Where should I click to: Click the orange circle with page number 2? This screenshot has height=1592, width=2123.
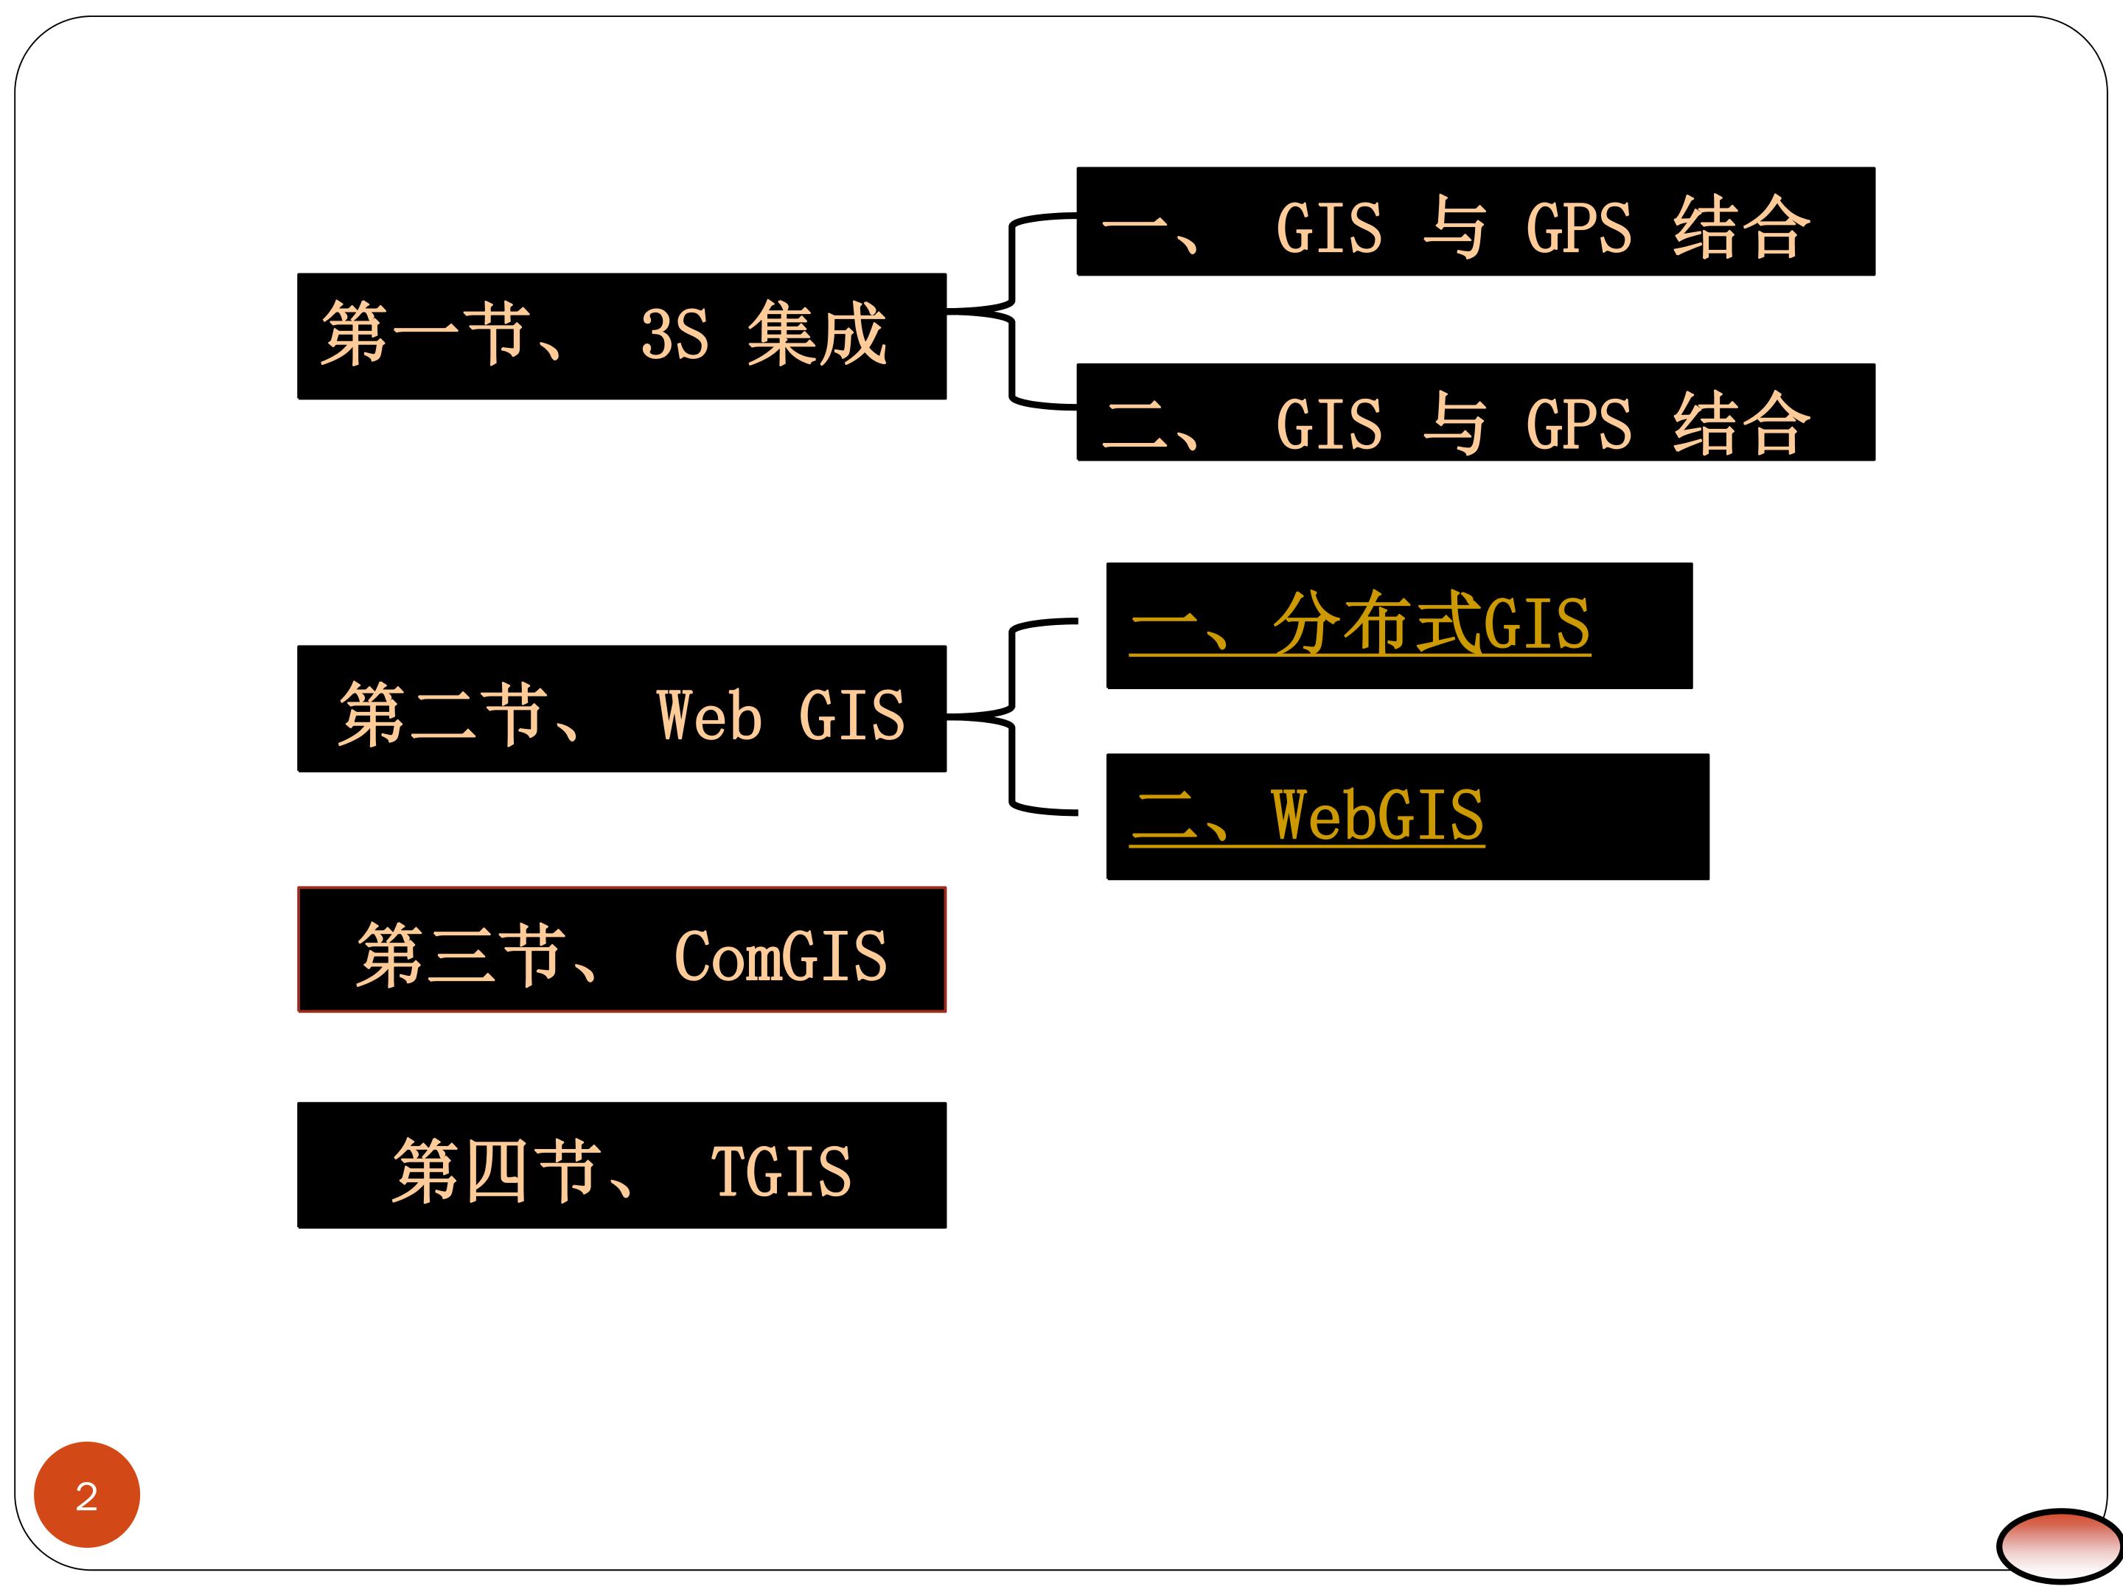(x=86, y=1494)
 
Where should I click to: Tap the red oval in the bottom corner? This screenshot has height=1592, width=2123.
(x=2060, y=1544)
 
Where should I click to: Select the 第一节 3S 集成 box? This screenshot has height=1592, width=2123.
(x=622, y=336)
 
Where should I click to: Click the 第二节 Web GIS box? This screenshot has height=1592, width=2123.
(x=622, y=708)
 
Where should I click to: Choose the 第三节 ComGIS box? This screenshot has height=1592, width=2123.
(x=622, y=949)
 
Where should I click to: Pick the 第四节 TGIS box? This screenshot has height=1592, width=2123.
(x=622, y=1165)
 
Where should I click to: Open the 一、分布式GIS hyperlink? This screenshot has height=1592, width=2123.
(x=1359, y=624)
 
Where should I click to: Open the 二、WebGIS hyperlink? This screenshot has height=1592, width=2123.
(x=1306, y=816)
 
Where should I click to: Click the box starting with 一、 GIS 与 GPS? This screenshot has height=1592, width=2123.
(x=1475, y=222)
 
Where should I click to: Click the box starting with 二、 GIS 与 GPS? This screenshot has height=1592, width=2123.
(x=1475, y=413)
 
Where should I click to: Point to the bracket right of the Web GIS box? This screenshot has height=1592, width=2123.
(x=1011, y=717)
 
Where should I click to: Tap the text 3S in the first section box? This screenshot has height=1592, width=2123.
(x=674, y=335)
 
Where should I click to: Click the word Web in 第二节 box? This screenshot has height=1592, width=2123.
(x=709, y=716)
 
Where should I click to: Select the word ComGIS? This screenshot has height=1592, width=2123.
(x=781, y=957)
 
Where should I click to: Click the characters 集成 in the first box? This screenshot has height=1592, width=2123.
(x=817, y=334)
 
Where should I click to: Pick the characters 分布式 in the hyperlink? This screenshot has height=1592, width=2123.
(x=1376, y=624)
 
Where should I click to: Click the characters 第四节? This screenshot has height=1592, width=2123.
(x=496, y=1170)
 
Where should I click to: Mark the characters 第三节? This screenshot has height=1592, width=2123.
(x=460, y=954)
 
